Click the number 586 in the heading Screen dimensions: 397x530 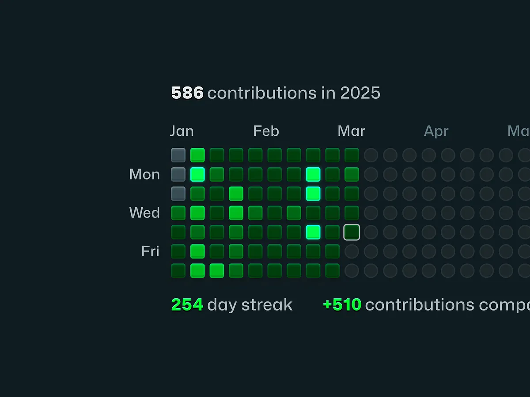coord(187,93)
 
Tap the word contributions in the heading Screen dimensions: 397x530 coord(261,93)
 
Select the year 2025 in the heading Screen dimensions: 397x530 coord(360,93)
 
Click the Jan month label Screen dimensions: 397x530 coord(182,131)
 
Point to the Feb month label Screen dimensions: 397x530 coord(266,131)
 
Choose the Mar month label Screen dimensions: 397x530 coord(351,131)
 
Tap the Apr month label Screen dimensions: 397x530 coord(436,131)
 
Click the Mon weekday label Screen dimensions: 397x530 coord(144,174)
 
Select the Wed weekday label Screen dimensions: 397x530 coord(144,213)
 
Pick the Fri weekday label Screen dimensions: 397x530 coord(150,251)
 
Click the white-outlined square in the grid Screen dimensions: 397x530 coord(352,232)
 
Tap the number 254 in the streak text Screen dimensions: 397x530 coord(187,305)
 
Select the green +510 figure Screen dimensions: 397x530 coord(342,305)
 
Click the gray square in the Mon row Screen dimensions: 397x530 coord(178,174)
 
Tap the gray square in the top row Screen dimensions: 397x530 coord(178,155)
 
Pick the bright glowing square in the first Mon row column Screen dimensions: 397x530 coord(197,174)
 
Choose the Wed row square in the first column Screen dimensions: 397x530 coord(178,213)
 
